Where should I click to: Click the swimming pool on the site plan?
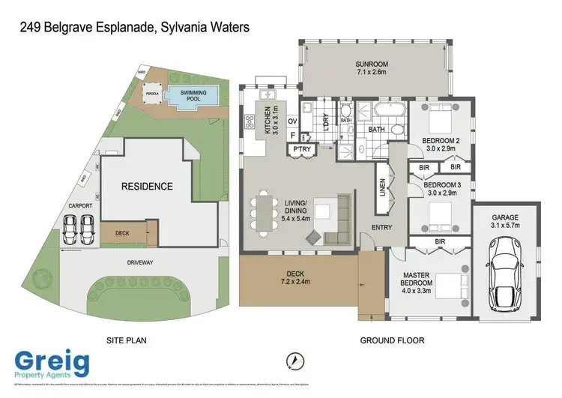pyautogui.click(x=193, y=95)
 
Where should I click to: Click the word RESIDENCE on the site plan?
pyautogui.click(x=148, y=186)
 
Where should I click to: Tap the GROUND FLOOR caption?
pyautogui.click(x=393, y=340)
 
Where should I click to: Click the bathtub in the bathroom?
pyautogui.click(x=388, y=114)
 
